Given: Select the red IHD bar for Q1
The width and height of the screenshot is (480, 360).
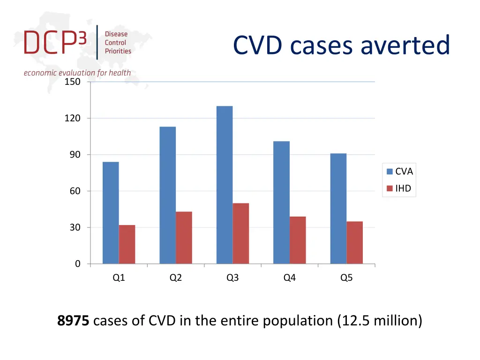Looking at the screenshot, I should click(x=127, y=244).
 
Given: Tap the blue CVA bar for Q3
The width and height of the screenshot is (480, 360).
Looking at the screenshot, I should click(x=225, y=185).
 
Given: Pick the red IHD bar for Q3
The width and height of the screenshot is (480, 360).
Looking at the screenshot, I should click(x=241, y=233).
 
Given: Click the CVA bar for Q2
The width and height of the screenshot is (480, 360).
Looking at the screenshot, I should click(x=167, y=195).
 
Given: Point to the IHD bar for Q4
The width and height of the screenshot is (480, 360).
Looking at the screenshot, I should click(x=298, y=240).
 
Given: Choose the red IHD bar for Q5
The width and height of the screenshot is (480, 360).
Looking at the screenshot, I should click(x=354, y=242).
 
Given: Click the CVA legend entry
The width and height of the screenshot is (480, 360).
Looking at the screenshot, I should click(x=400, y=172).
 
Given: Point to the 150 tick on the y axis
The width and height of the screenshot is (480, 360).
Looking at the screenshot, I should click(x=72, y=82).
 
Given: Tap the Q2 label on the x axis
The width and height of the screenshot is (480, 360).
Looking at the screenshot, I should click(x=176, y=277).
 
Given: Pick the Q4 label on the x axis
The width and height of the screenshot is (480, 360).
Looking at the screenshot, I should click(x=289, y=277).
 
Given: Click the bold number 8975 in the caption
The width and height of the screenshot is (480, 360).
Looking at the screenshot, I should click(x=73, y=321).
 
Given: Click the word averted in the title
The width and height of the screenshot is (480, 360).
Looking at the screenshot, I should click(x=405, y=45).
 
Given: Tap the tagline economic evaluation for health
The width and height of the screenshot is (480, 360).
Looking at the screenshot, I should click(x=77, y=73).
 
